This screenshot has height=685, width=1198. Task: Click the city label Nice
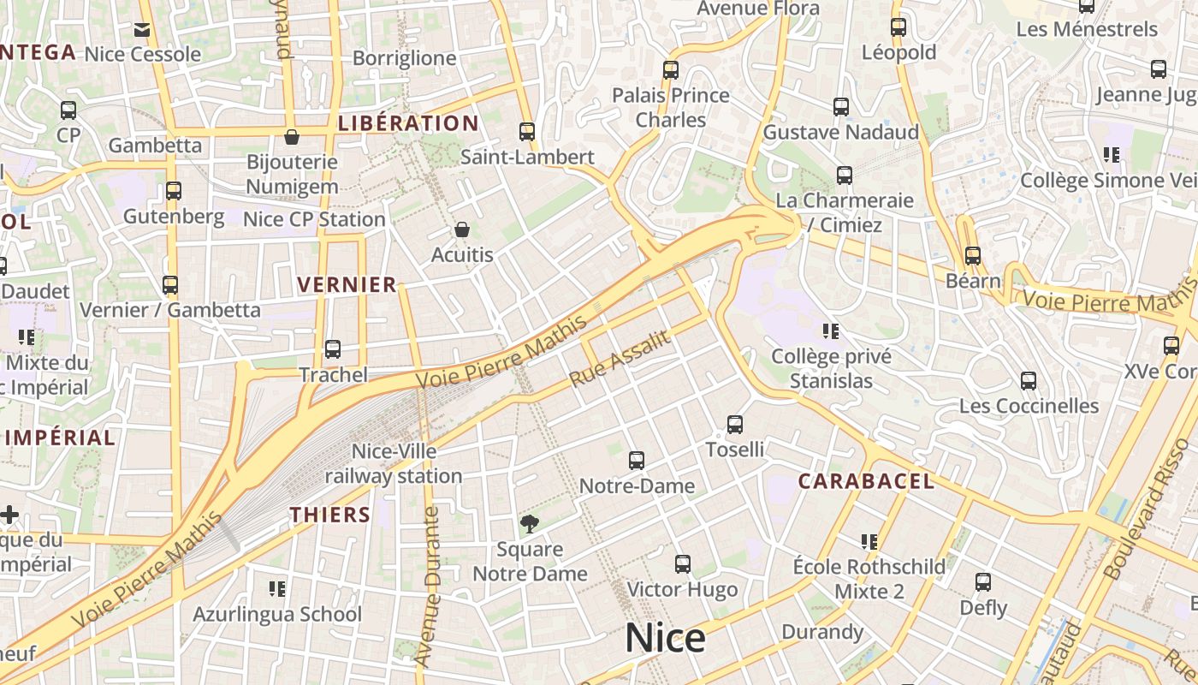[665, 638]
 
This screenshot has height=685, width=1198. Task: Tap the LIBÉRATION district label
[408, 123]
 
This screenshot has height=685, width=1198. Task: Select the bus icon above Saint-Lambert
[527, 132]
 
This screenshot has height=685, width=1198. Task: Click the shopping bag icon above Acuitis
[462, 229]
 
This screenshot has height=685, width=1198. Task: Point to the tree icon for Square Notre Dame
[530, 523]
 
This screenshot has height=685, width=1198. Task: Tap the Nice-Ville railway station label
[394, 463]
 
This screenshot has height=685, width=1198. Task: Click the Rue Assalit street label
[619, 358]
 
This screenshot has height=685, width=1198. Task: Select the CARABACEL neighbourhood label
[866, 481]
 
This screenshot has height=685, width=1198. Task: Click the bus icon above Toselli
[734, 425]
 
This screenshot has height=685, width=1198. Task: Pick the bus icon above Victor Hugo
[682, 564]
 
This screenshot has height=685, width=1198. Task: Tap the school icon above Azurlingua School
[276, 589]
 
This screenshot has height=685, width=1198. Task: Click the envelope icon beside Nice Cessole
[142, 31]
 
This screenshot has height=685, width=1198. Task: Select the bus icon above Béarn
[972, 255]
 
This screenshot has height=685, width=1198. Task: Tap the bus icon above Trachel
[333, 349]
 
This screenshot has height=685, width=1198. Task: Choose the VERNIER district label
[347, 284]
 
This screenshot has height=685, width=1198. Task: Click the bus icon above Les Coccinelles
[1029, 381]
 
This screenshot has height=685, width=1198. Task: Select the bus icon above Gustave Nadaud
[841, 107]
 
